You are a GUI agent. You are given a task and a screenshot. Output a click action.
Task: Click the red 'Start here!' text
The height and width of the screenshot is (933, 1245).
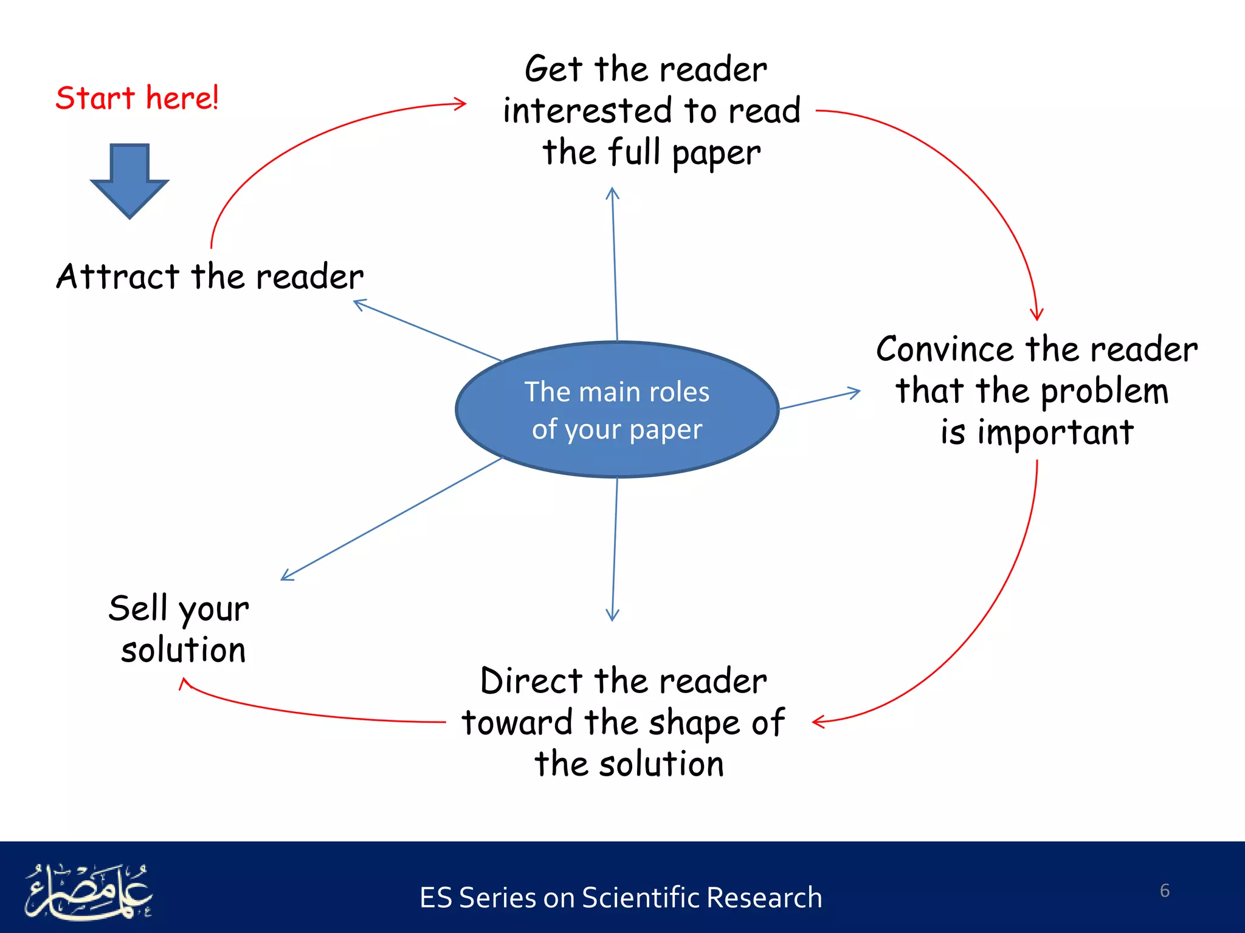click(x=137, y=98)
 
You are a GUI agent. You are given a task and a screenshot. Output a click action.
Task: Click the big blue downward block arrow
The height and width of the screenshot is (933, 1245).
click(x=129, y=180)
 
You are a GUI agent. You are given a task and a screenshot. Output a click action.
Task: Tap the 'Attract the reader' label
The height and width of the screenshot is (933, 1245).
click(x=210, y=276)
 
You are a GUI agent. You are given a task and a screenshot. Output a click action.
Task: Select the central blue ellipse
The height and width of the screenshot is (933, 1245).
click(x=617, y=410)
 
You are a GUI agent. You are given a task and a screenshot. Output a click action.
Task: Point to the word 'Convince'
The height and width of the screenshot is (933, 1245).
click(x=946, y=350)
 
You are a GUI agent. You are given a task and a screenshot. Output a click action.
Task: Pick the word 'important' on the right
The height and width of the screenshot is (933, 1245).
click(x=1055, y=433)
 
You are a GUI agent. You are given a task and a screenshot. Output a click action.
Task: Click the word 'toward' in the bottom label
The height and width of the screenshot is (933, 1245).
click(x=517, y=723)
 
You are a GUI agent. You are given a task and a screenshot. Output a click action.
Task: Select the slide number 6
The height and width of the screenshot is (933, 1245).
click(x=1164, y=890)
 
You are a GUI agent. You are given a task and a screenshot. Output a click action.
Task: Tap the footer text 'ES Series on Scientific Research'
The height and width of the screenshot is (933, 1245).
click(x=621, y=898)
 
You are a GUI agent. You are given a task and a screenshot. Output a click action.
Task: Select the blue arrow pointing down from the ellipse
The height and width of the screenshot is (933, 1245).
click(x=615, y=547)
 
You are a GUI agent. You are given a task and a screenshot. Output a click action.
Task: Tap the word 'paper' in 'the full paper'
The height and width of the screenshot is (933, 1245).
click(x=716, y=153)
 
